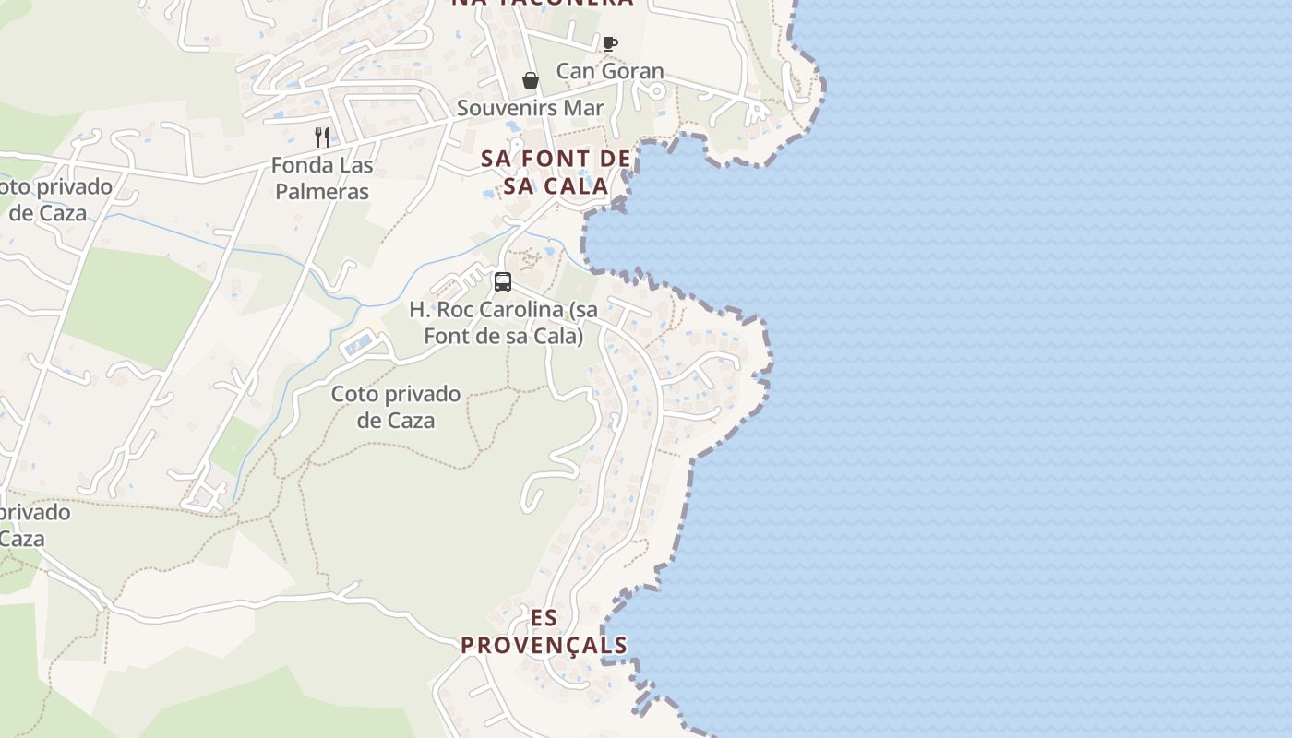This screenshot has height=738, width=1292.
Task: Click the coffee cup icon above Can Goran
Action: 609,42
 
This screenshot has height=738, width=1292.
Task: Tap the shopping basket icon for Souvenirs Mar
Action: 531,81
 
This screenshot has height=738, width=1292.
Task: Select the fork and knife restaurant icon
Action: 322,137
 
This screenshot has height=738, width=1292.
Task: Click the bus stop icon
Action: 503,282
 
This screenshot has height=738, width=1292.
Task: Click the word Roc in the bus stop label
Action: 451,310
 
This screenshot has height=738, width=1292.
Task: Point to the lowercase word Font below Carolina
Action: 448,336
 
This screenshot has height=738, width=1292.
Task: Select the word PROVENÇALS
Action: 544,645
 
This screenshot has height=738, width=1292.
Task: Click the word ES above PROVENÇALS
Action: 544,618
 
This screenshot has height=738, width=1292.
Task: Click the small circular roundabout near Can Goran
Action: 656,90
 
